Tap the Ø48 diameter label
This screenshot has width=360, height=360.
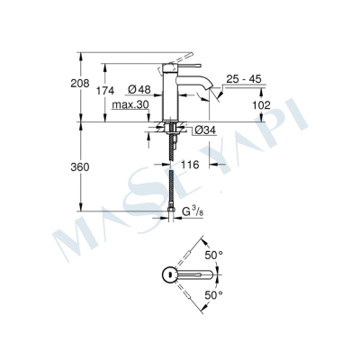(138, 89)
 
